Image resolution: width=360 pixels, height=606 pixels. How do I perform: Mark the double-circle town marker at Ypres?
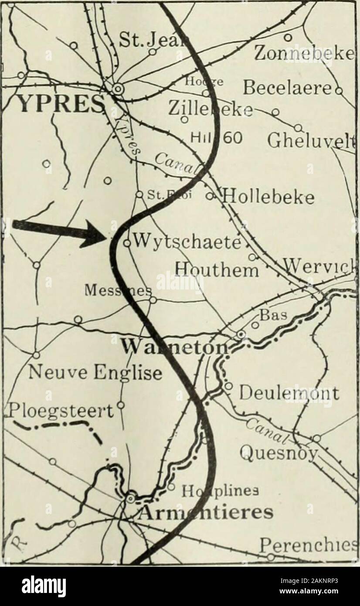(x=117, y=89)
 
